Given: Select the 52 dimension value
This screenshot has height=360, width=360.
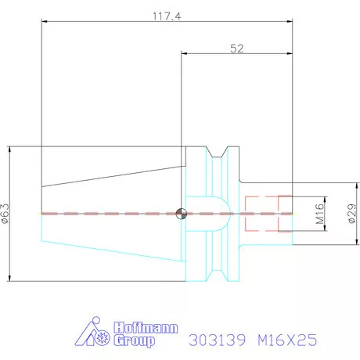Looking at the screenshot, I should tap(236, 49).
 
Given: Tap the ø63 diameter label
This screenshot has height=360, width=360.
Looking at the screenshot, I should tap(6, 214).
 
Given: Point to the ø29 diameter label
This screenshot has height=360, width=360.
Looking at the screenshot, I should tap(351, 212).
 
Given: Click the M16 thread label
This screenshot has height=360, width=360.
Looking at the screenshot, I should tap(320, 213).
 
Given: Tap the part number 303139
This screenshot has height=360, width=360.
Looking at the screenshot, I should tap(218, 340).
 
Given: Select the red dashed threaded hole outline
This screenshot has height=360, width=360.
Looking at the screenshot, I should tap(267, 213).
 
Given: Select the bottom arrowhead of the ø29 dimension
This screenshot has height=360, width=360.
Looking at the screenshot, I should tap(345, 243).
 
